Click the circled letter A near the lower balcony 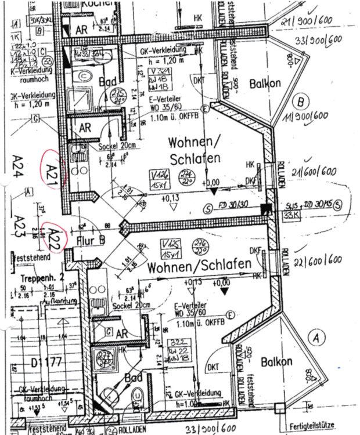[x=316, y=336]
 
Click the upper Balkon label [x=265, y=84]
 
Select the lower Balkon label [x=276, y=362]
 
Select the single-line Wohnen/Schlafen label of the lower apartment [x=199, y=266]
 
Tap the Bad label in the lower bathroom [x=134, y=377]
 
